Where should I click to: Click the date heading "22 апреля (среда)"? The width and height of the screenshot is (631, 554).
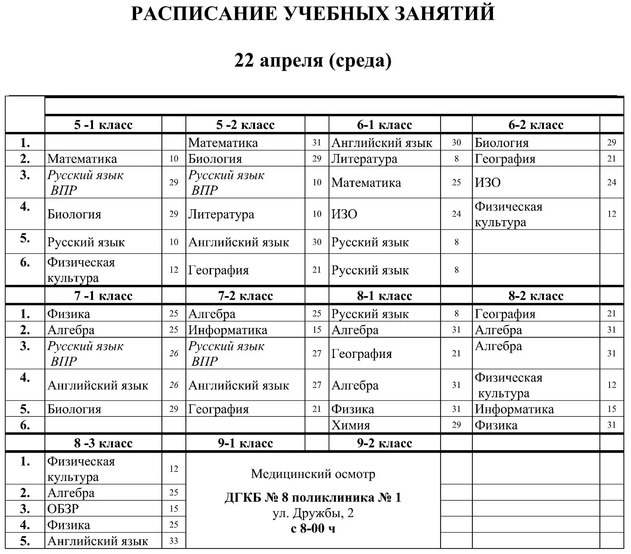point(313,60)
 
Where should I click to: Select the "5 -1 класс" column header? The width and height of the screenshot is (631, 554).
point(103,125)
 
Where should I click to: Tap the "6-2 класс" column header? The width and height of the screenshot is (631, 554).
point(536,125)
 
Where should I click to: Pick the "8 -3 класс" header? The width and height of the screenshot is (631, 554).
point(103,443)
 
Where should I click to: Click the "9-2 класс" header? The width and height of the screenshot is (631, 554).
point(384,443)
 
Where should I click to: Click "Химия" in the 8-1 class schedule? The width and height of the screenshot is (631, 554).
point(351,425)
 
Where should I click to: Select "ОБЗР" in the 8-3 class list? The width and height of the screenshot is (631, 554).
point(63,509)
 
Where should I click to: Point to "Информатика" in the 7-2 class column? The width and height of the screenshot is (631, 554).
point(228,330)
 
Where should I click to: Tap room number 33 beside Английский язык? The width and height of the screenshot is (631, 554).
point(174,541)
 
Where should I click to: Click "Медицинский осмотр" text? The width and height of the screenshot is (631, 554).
point(313,474)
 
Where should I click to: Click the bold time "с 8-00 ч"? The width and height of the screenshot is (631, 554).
point(313,528)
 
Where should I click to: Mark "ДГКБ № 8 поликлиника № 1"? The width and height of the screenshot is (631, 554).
point(313,497)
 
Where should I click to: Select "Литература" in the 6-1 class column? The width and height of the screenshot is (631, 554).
point(364,159)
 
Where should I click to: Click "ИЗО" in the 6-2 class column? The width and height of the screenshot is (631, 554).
point(488,182)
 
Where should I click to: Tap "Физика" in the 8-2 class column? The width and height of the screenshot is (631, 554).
point(496,425)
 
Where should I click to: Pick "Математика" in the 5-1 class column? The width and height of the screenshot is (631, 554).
point(82,159)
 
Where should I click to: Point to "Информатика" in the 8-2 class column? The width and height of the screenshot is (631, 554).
point(514,409)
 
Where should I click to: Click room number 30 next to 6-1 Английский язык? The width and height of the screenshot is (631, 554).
point(456,143)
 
